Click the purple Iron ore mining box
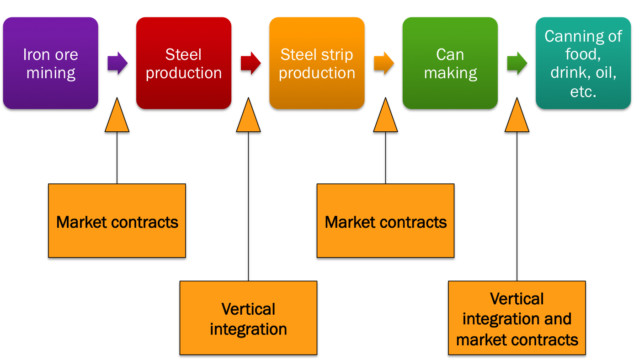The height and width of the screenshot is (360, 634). point(50,64)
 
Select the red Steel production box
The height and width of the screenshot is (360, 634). point(184,64)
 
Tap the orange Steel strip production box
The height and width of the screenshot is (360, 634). point(317,64)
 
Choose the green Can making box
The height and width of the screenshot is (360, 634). point(450,64)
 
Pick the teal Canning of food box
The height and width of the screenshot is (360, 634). point(583,64)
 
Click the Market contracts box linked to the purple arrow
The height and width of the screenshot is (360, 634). point(117,222)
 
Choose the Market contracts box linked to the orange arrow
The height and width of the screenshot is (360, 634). point(385,222)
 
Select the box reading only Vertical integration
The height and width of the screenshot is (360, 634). point(248,319)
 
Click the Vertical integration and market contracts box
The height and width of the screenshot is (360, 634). point(517,319)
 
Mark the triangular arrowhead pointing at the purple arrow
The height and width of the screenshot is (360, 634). point(117,118)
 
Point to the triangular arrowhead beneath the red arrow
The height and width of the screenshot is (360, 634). point(248,118)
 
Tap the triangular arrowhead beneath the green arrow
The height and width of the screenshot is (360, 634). point(517,118)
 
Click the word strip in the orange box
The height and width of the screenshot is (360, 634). point(340,55)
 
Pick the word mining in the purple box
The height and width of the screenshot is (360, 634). point(50,73)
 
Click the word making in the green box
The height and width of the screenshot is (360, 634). point(450,73)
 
